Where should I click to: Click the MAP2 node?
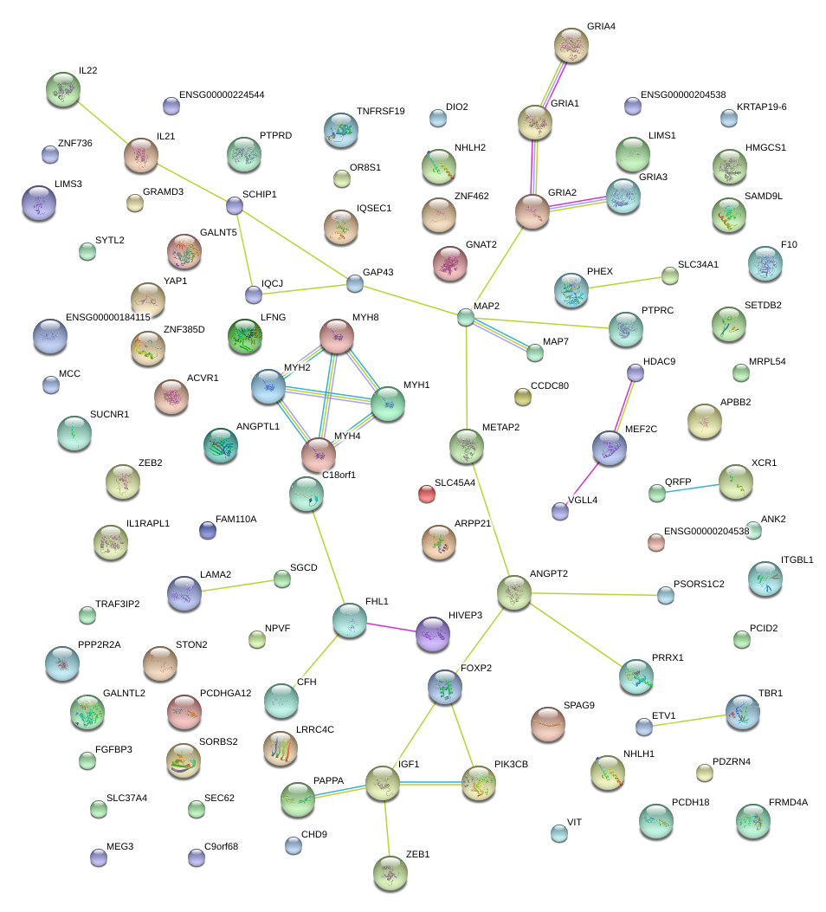[466, 318]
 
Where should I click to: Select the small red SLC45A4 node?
[426, 494]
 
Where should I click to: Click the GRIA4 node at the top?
[571, 44]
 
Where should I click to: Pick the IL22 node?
[63, 88]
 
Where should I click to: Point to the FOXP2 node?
[445, 687]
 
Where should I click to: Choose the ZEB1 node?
[390, 872]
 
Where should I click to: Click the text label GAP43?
[378, 272]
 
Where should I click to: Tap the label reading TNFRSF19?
[381, 111]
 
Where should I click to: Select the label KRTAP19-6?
[761, 107]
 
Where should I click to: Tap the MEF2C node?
[609, 448]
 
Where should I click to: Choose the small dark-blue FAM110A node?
[207, 530]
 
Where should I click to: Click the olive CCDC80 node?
[522, 397]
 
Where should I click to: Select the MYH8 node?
[337, 335]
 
